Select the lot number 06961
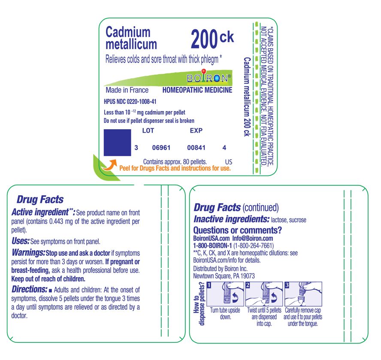[x=161, y=148]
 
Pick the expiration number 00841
[x=197, y=148]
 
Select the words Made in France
[x=127, y=90]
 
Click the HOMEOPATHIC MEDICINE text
[x=197, y=90]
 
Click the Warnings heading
[x=28, y=253]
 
